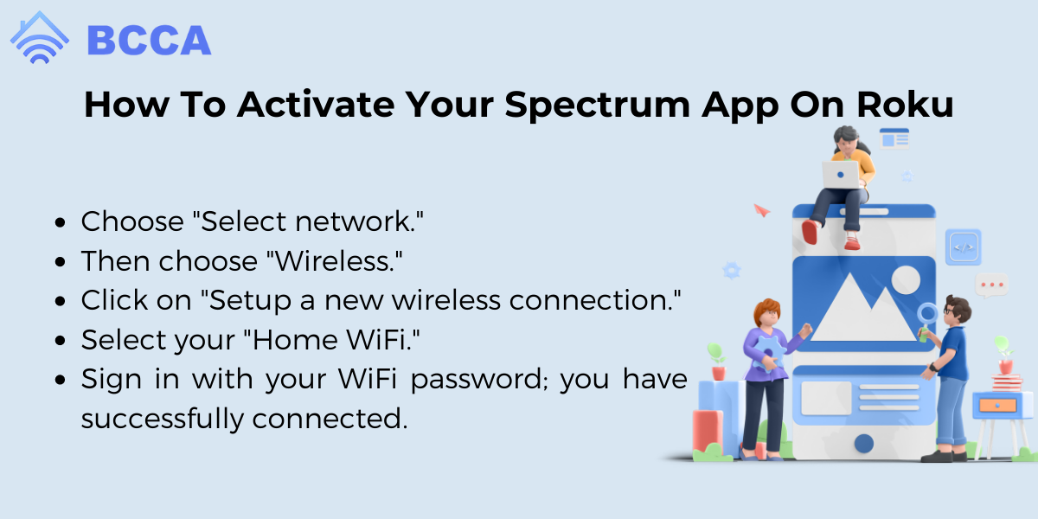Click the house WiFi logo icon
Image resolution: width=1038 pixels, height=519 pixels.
tap(40, 37)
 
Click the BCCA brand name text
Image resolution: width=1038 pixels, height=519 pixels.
tap(149, 41)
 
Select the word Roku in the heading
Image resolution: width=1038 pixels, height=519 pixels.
tap(906, 105)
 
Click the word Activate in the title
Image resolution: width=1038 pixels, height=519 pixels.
tap(316, 105)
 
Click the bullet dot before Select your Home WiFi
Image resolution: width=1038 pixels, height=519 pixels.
tap(61, 341)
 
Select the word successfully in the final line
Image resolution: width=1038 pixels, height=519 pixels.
tap(163, 420)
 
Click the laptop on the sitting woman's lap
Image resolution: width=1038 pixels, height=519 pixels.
tap(841, 175)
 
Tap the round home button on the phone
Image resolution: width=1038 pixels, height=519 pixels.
tap(864, 444)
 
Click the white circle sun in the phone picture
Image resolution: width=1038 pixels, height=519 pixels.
tap(906, 280)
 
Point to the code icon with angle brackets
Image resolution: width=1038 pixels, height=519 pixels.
tap(964, 247)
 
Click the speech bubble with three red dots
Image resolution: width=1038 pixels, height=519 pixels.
tap(991, 285)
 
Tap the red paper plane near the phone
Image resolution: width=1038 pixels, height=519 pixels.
tap(761, 211)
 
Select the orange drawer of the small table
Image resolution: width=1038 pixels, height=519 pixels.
tap(997, 406)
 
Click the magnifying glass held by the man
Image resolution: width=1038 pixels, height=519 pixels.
tap(927, 317)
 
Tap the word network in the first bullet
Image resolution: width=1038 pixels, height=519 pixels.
tap(359, 221)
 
